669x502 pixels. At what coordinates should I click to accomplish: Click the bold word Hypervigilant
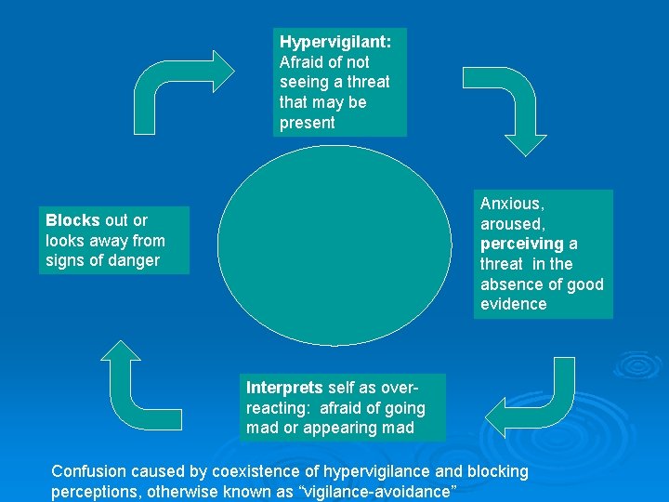click(x=335, y=42)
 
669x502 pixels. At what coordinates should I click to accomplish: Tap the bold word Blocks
click(x=72, y=220)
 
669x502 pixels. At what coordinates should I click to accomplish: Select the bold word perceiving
click(x=522, y=244)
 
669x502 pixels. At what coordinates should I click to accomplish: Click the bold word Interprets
click(x=284, y=388)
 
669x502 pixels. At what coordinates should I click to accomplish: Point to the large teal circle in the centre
click(x=334, y=245)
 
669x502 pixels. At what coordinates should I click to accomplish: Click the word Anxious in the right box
click(x=511, y=204)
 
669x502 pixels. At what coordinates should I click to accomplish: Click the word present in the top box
click(x=307, y=123)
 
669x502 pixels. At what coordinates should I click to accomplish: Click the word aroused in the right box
click(x=510, y=224)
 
